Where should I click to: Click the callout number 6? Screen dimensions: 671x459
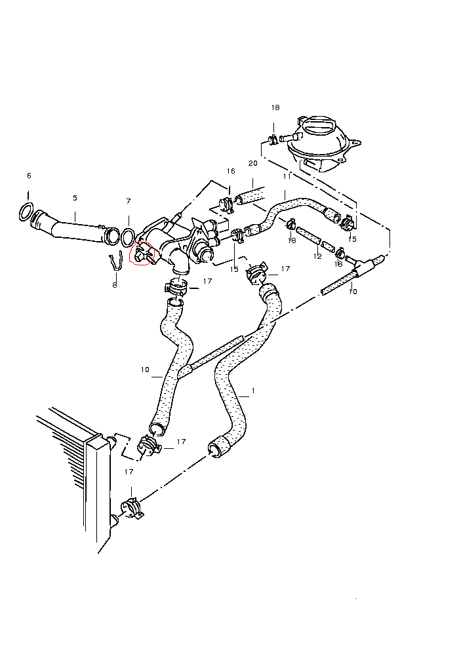tap(29, 176)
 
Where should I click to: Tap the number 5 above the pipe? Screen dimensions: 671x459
tap(75, 198)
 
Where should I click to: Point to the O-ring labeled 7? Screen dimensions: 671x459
tap(129, 235)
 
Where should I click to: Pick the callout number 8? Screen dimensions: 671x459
tap(115, 285)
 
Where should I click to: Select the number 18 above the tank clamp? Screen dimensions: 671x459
tap(275, 107)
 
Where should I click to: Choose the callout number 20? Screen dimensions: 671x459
tap(253, 163)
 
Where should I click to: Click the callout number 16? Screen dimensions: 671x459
tap(230, 172)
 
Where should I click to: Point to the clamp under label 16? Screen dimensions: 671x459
tap(226, 204)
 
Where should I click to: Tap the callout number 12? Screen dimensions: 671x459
tap(318, 256)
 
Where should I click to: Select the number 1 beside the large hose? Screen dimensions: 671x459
tap(253, 391)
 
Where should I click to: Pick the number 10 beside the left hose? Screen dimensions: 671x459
tap(146, 370)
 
